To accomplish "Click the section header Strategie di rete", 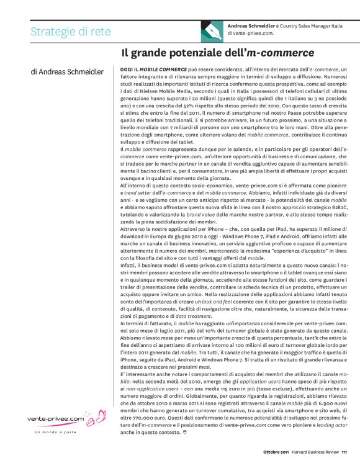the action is click(71, 32).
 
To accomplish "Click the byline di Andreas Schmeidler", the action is click(67, 72).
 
